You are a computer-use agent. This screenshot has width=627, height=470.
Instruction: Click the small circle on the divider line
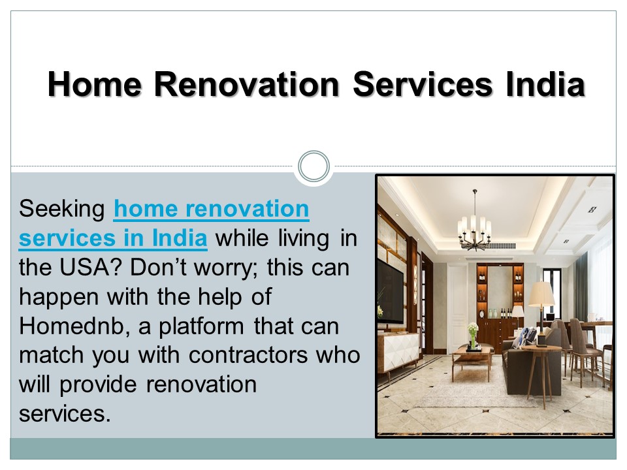pos(313,166)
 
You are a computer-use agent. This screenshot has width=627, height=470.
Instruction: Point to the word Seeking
pos(62,210)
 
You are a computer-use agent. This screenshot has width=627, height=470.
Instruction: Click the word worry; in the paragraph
pos(246,268)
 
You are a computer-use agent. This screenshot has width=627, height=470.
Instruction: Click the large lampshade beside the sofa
pos(541,295)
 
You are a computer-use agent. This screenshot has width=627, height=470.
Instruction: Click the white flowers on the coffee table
pos(472,330)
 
